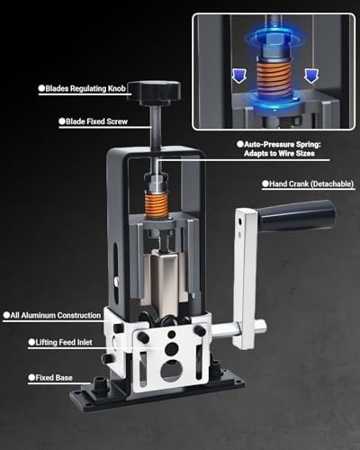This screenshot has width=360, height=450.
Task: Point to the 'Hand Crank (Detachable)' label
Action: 311,184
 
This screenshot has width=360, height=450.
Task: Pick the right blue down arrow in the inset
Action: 310,76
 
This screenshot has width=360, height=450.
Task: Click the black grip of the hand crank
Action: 296,216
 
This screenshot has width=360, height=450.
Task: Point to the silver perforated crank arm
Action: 244,270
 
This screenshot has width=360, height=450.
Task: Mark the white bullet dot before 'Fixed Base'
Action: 31,378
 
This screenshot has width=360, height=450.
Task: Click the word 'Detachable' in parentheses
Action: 328,184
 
